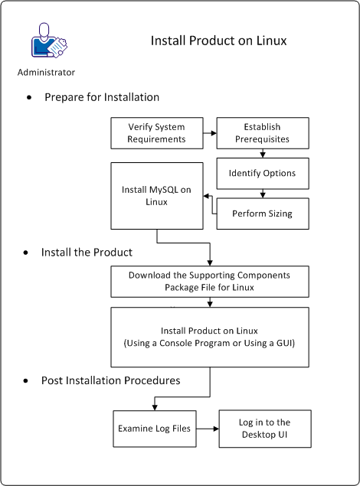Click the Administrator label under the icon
pos(46,73)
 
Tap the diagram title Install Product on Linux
pos(218,41)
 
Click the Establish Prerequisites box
pos(263,133)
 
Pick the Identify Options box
pos(263,173)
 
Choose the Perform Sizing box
pos(263,214)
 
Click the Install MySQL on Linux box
pos(157,195)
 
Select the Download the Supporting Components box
pos(210,281)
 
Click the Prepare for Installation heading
pos(102,97)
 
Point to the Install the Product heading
pos(87,252)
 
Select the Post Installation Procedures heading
pos(112,380)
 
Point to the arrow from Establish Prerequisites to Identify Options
pos(263,152)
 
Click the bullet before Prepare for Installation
pos(30,99)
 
